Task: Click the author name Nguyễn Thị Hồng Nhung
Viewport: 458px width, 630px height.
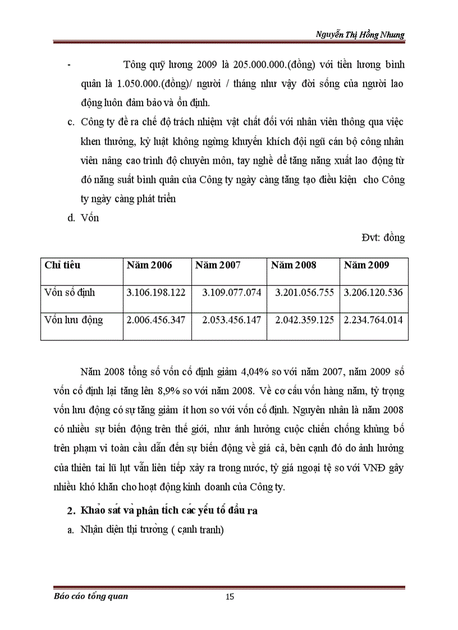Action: (360, 34)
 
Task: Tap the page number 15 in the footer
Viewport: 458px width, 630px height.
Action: (229, 596)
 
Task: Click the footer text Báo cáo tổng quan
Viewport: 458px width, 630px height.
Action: (87, 596)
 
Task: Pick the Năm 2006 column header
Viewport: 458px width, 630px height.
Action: (149, 265)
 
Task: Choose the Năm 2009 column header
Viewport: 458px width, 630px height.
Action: (367, 265)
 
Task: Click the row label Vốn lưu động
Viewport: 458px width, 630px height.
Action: (74, 320)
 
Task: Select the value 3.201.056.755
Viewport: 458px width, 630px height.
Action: (304, 293)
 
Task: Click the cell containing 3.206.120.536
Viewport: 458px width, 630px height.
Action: (373, 293)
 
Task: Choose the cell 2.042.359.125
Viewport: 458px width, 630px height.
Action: (304, 320)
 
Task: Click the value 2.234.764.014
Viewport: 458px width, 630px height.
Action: (373, 320)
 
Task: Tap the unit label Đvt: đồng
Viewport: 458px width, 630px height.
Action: (383, 237)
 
